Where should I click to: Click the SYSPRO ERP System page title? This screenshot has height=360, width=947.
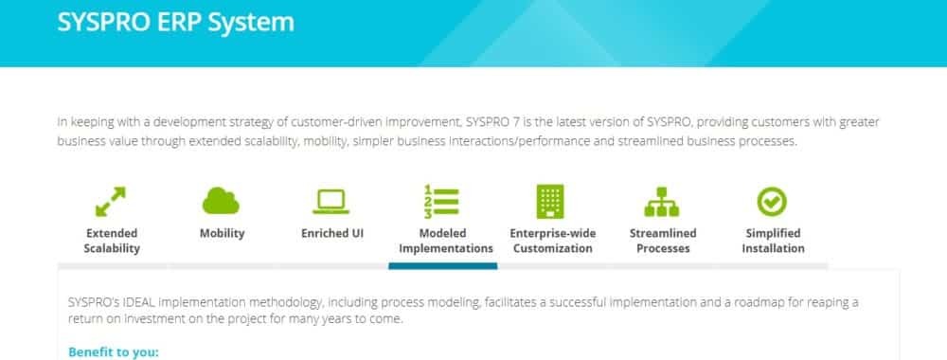176,22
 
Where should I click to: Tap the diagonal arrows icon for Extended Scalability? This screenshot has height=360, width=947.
111,201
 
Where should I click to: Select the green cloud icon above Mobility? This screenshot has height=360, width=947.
221,201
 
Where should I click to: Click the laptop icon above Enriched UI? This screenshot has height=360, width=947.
331,202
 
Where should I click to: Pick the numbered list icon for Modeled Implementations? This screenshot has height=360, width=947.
441,201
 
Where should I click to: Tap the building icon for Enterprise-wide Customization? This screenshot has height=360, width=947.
550,201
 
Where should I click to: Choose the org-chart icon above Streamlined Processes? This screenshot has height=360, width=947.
662,202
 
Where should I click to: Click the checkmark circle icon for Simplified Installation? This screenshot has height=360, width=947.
772,201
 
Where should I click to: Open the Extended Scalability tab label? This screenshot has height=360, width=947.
112,241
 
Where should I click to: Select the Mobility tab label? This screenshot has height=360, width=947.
223,233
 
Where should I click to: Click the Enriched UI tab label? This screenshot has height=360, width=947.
332,233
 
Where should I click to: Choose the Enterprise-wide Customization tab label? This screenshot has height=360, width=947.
553,241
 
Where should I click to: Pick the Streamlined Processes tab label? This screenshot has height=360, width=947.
663,241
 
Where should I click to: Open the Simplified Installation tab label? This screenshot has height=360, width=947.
773,241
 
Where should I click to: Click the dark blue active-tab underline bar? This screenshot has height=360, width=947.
442,266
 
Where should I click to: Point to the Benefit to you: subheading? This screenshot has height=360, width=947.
114,352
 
